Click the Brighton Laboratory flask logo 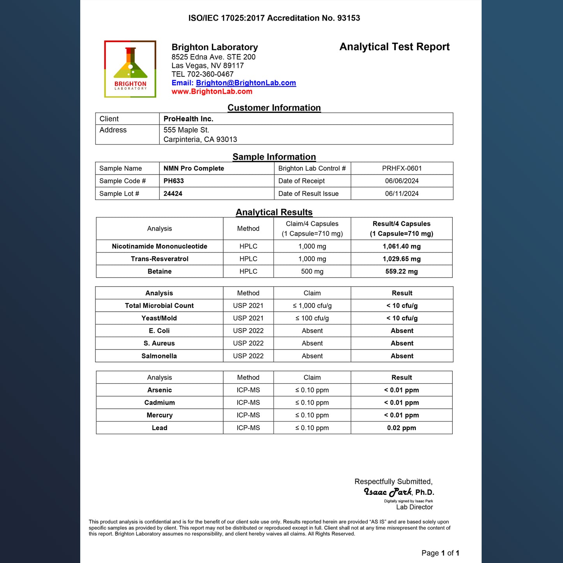pos(130,69)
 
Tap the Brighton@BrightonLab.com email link pos(246,83)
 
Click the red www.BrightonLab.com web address pos(212,92)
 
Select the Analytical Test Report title pos(394,47)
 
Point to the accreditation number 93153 pos(348,18)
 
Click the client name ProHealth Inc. pos(188,119)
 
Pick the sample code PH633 pos(173,181)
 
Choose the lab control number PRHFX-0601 pos(402,168)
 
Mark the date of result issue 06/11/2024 pos(402,194)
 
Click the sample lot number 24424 pos(173,194)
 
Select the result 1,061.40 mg pos(401,246)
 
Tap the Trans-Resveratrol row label pos(159,259)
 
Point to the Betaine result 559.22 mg pos(401,272)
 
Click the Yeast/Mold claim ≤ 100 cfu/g pos(312,318)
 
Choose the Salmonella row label pos(159,356)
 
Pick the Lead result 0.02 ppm pos(401,428)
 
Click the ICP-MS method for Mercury pos(248,415)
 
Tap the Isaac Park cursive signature pos(388,492)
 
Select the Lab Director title pos(414,507)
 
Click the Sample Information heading pos(274,157)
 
